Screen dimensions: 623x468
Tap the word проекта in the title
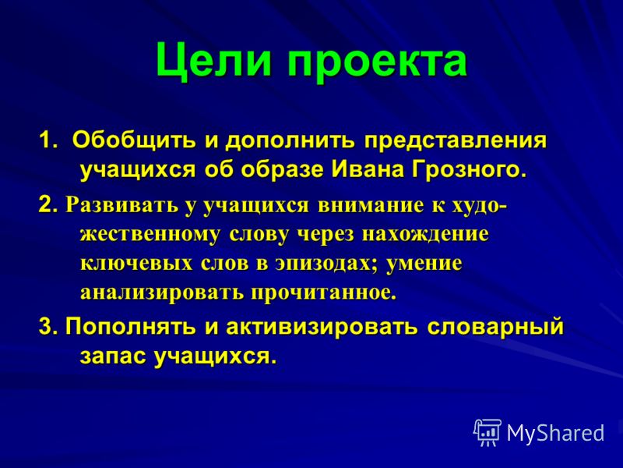point(377,64)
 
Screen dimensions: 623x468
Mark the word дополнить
point(290,142)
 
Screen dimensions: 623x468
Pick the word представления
point(456,142)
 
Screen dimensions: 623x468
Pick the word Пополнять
point(131,327)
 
